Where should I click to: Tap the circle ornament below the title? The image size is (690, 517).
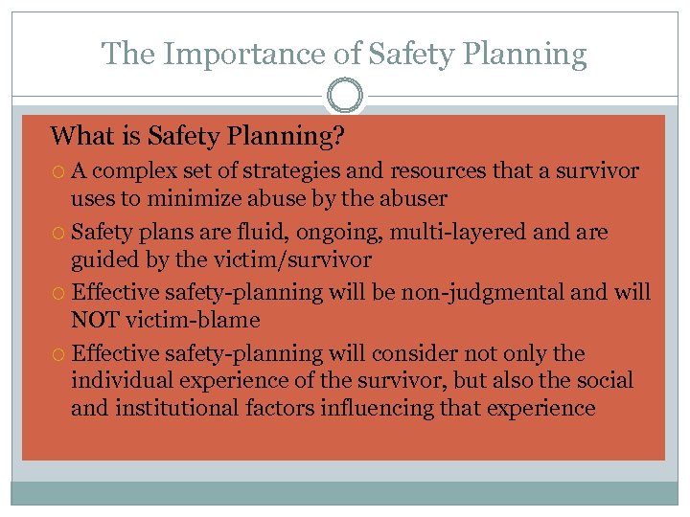pyautogui.click(x=345, y=97)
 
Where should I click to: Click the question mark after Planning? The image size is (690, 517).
pyautogui.click(x=338, y=137)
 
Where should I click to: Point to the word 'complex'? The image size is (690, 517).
pyautogui.click(x=131, y=171)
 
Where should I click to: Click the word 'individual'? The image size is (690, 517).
pyautogui.click(x=118, y=381)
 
